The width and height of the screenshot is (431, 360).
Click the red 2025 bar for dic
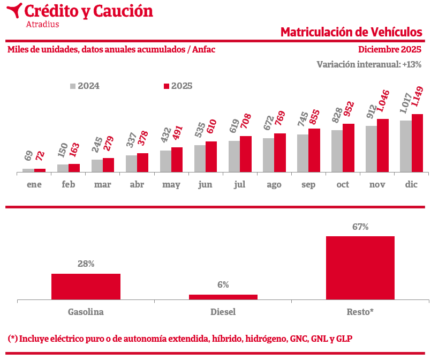point(417,143)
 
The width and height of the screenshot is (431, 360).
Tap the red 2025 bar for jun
point(211,156)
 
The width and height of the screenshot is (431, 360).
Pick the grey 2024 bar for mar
point(97,166)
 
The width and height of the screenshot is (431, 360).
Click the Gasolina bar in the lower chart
point(86,287)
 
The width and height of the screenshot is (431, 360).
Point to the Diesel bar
point(223,297)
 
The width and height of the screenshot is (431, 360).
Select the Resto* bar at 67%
point(360,268)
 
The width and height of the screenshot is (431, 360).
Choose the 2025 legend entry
point(178,86)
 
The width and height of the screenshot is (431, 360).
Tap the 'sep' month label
point(308,185)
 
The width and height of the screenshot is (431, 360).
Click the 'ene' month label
point(34,185)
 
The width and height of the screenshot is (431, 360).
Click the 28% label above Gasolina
point(86,264)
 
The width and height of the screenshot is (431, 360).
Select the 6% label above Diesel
point(223,285)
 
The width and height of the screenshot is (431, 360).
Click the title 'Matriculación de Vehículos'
point(351,32)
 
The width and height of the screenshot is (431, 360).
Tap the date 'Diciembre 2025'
point(390,50)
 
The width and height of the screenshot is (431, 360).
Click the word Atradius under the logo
point(42,24)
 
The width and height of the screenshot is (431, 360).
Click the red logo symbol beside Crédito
point(14,10)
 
